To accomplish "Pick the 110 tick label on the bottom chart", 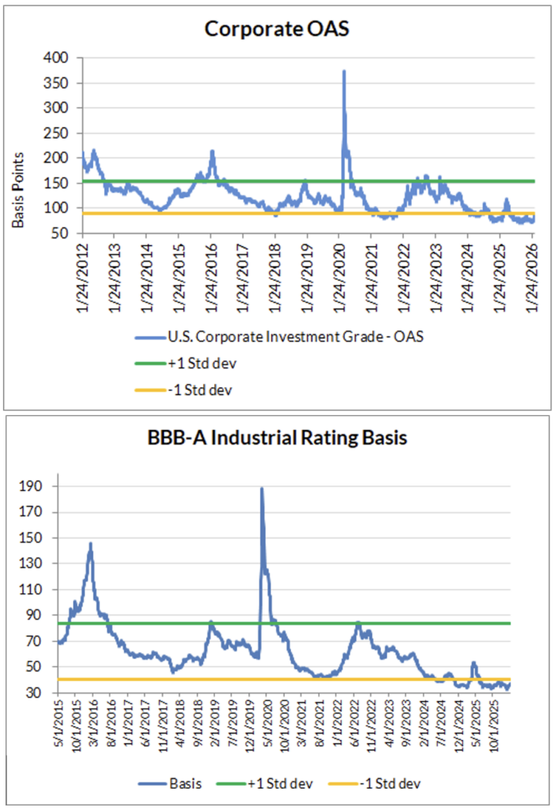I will pyautogui.click(x=40, y=589).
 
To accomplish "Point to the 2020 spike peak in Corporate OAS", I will pyautogui.click(x=343, y=71).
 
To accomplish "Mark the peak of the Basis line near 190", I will pyautogui.click(x=262, y=489).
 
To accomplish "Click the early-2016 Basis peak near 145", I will pyautogui.click(x=90, y=544).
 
